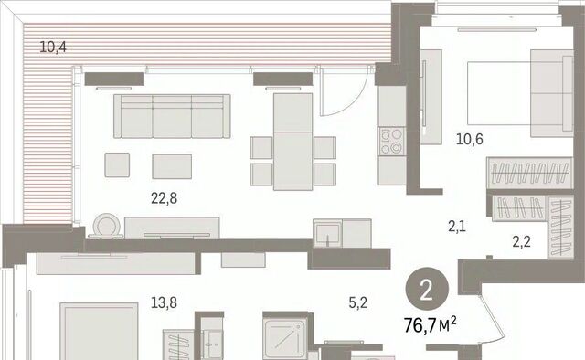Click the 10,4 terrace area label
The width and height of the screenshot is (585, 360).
53,48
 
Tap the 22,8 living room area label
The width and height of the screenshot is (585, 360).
165,198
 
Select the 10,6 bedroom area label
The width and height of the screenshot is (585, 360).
469,139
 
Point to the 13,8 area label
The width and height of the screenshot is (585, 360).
164,302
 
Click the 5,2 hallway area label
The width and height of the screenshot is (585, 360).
357,302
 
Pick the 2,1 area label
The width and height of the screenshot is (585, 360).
457,227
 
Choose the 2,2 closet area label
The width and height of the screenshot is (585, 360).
521,242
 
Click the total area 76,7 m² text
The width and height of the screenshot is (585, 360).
431,325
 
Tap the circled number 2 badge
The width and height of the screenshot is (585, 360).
427,290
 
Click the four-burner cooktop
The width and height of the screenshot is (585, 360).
391,142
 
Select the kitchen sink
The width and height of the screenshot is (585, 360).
327,234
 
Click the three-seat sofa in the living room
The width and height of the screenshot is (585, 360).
172,116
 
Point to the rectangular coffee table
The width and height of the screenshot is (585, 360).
172,166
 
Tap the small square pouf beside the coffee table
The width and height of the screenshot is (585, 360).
117,164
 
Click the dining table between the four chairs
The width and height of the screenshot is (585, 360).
292,142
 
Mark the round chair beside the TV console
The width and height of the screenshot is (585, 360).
106,226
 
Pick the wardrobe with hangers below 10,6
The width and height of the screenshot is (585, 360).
529,173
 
